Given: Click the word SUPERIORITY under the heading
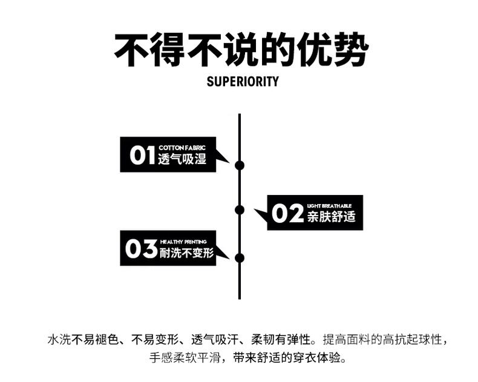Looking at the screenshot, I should tap(243, 81).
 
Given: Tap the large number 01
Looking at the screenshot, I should tap(142, 156).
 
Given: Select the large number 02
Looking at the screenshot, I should tap(287, 213).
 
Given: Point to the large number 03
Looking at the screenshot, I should tap(141, 249).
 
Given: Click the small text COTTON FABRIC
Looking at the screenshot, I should tap(182, 148).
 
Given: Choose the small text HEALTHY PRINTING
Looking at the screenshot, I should tap(183, 242).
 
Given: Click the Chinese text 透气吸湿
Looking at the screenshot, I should tap(182, 160).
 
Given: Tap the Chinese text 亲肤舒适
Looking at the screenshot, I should tap(331, 217).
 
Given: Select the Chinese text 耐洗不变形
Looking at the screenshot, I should tap(187, 253).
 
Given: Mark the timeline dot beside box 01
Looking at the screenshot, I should tap(240, 165).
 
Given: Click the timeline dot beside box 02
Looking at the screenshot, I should tap(240, 209).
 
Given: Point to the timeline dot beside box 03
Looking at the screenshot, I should tap(240, 257).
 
